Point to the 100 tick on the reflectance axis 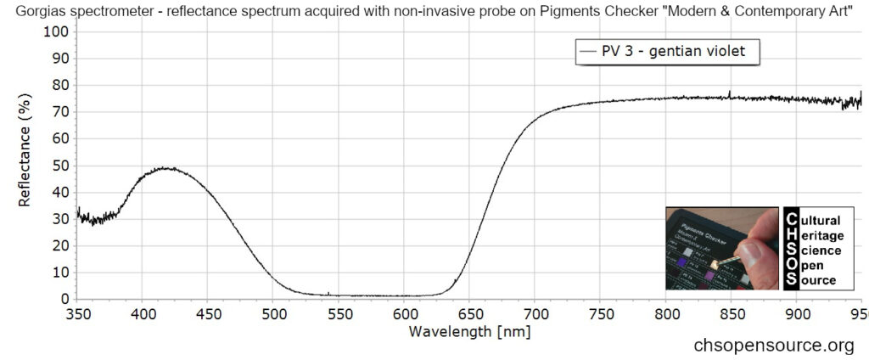pyautogui.click(x=58, y=31)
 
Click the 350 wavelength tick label pyautogui.click(x=78, y=313)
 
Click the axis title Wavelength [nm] pyautogui.click(x=469, y=331)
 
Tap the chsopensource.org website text pyautogui.click(x=773, y=346)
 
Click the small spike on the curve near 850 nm pyautogui.click(x=729, y=93)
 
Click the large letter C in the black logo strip pyautogui.click(x=791, y=219)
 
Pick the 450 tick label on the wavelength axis pyautogui.click(x=208, y=313)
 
